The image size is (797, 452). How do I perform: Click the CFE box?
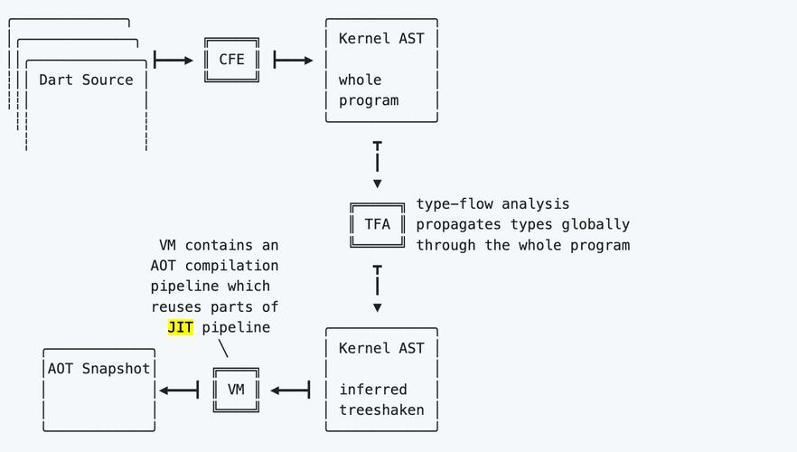[231, 60]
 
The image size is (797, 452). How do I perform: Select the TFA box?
[377, 224]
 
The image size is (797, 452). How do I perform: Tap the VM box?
[236, 390]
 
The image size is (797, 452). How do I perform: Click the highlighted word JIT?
[181, 327]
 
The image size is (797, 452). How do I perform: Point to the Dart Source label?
[86, 80]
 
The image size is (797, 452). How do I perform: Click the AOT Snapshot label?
[98, 369]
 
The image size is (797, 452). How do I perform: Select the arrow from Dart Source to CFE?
[174, 61]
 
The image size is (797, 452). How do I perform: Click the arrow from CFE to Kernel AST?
[293, 61]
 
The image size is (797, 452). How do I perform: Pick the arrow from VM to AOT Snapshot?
[179, 390]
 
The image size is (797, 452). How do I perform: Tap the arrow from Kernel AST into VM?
[290, 390]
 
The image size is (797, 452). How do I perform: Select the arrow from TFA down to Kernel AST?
[377, 287]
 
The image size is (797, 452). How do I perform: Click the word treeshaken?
[381, 410]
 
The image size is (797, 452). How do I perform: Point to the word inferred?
[373, 390]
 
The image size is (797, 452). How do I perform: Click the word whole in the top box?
[361, 80]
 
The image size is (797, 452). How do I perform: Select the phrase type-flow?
[455, 204]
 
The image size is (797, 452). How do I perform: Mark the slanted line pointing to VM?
[223, 348]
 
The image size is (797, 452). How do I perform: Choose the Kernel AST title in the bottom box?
[381, 348]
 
